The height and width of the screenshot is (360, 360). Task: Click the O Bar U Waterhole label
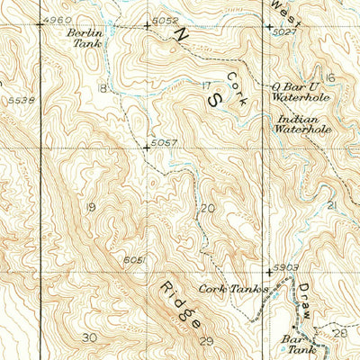(x=296, y=93)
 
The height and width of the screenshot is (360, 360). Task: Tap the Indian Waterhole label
(x=301, y=123)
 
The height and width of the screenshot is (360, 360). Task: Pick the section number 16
(x=329, y=78)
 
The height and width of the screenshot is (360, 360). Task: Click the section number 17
(x=208, y=85)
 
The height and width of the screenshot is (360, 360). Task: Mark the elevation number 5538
(x=20, y=100)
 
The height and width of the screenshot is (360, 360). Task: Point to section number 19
(x=89, y=207)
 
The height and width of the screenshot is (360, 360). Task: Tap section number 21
(x=332, y=206)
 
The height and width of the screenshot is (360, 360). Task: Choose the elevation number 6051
(x=134, y=259)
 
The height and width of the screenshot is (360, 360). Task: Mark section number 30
(x=87, y=337)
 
